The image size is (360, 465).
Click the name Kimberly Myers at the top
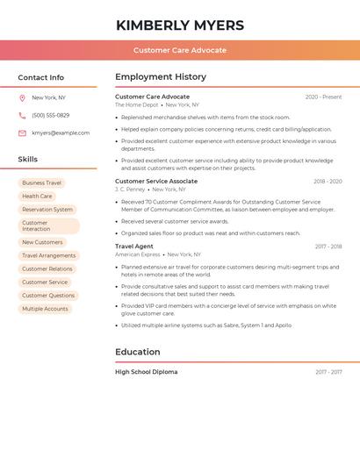[x=180, y=25]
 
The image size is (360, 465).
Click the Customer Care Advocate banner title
[x=180, y=50]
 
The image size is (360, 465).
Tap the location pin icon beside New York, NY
[x=22, y=97]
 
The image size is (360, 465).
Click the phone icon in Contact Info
[x=22, y=115]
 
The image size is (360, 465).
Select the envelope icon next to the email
[x=22, y=132]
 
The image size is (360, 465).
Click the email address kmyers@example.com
[x=61, y=132]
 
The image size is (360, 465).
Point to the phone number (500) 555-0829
[x=50, y=115]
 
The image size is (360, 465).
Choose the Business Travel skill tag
[x=41, y=182]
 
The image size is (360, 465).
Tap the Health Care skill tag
[x=37, y=197]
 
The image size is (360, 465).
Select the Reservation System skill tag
[x=47, y=210]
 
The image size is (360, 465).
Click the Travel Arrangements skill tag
[x=48, y=255]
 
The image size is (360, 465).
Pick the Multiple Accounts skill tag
[x=45, y=309]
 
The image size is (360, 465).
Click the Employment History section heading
[x=161, y=77]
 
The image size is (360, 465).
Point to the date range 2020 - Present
[x=323, y=97]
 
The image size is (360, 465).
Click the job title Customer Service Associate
[x=156, y=181]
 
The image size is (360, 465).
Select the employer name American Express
[x=138, y=254]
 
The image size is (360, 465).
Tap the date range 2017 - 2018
[x=328, y=247]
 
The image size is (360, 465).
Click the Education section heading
[x=138, y=352]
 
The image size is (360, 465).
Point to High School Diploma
[x=146, y=372]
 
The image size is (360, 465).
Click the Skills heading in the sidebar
[x=28, y=159]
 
